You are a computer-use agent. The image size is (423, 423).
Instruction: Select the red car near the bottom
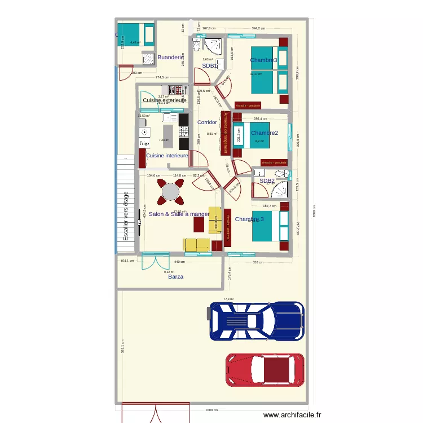click(265, 371)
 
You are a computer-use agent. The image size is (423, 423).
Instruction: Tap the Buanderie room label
click(170, 58)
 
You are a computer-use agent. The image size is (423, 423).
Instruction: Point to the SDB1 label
click(210, 65)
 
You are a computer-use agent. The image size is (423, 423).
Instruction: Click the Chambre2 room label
click(265, 133)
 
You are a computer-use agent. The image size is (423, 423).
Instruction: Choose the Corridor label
click(207, 122)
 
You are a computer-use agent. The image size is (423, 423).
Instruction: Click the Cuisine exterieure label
click(164, 100)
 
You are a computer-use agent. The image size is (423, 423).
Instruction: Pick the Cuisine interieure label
click(167, 156)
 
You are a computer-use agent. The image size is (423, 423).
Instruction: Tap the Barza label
click(175, 277)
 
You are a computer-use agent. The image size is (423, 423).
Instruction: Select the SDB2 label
click(267, 181)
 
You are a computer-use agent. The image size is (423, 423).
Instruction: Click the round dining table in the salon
click(170, 192)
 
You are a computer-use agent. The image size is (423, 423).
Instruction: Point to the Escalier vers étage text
click(126, 217)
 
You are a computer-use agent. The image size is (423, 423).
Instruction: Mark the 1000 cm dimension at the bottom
click(211, 410)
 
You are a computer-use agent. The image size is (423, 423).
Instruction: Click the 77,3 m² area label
click(228, 299)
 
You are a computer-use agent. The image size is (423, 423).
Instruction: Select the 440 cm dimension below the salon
click(179, 262)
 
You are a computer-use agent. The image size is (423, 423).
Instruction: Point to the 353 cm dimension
click(258, 262)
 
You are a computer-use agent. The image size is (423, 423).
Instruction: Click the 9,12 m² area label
click(169, 272)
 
